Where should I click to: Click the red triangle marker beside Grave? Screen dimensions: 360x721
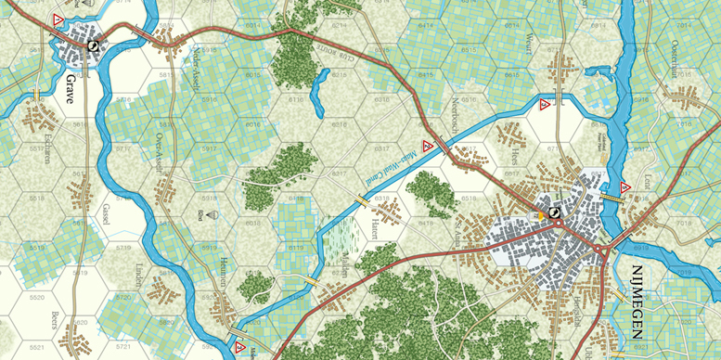pyautogui.click(x=58, y=19)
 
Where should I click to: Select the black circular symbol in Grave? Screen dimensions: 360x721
pyautogui.click(x=93, y=45)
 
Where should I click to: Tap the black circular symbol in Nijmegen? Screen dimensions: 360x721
pyautogui.click(x=555, y=212)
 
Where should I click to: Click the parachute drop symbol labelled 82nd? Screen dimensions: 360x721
pyautogui.click(x=215, y=214)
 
